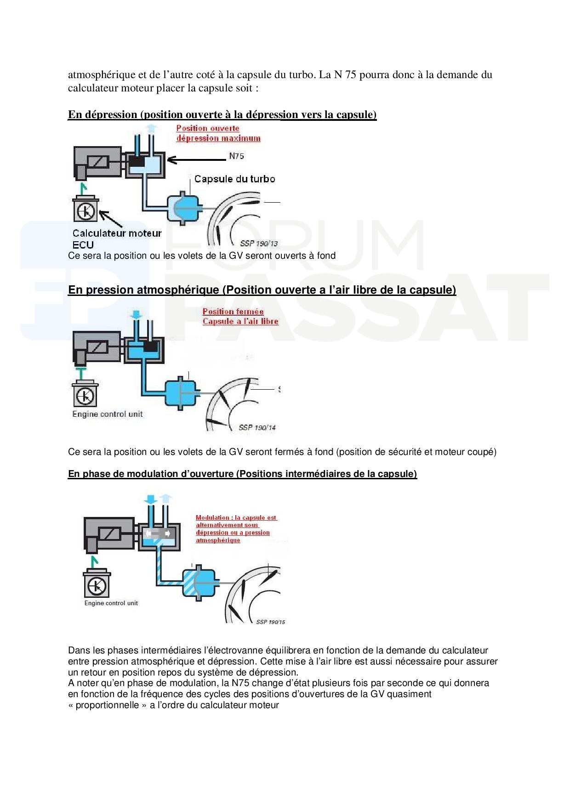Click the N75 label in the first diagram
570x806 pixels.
pyautogui.click(x=236, y=156)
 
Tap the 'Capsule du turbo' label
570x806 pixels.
pyautogui.click(x=234, y=179)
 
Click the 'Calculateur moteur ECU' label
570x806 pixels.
pyautogui.click(x=117, y=238)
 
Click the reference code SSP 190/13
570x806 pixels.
pyautogui.click(x=259, y=244)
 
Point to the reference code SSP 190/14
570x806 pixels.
pyautogui.click(x=257, y=427)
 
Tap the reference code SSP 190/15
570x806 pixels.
pyautogui.click(x=270, y=622)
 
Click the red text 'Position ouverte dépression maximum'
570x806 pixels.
pyautogui.click(x=218, y=133)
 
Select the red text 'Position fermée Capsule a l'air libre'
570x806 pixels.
pyautogui.click(x=240, y=317)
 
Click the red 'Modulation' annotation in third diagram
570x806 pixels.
pyautogui.click(x=236, y=528)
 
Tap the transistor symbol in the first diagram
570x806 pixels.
pyautogui.click(x=85, y=211)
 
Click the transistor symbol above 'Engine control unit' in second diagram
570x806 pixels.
pyautogui.click(x=85, y=396)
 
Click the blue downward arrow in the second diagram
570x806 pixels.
pyautogui.click(x=137, y=315)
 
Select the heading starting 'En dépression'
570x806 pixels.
pyautogui.click(x=222, y=114)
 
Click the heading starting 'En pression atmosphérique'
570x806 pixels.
pyautogui.click(x=262, y=290)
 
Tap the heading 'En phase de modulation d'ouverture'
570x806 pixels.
pyautogui.click(x=242, y=474)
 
